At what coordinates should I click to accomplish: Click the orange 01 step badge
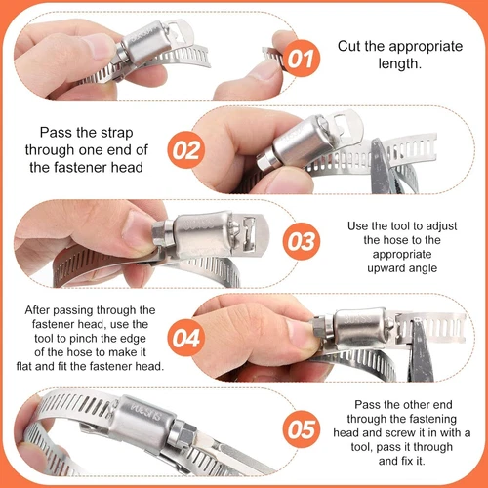302,59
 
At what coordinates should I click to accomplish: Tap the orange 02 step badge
186,150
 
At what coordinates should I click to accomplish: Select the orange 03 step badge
302,241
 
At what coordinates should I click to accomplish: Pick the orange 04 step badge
186,338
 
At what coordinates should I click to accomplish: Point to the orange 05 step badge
302,429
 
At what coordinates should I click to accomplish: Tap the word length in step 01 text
399,63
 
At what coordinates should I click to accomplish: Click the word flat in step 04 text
24,366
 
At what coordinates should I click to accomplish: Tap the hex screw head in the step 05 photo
183,434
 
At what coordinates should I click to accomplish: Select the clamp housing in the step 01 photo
145,42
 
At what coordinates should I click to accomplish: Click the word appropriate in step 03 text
402,255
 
